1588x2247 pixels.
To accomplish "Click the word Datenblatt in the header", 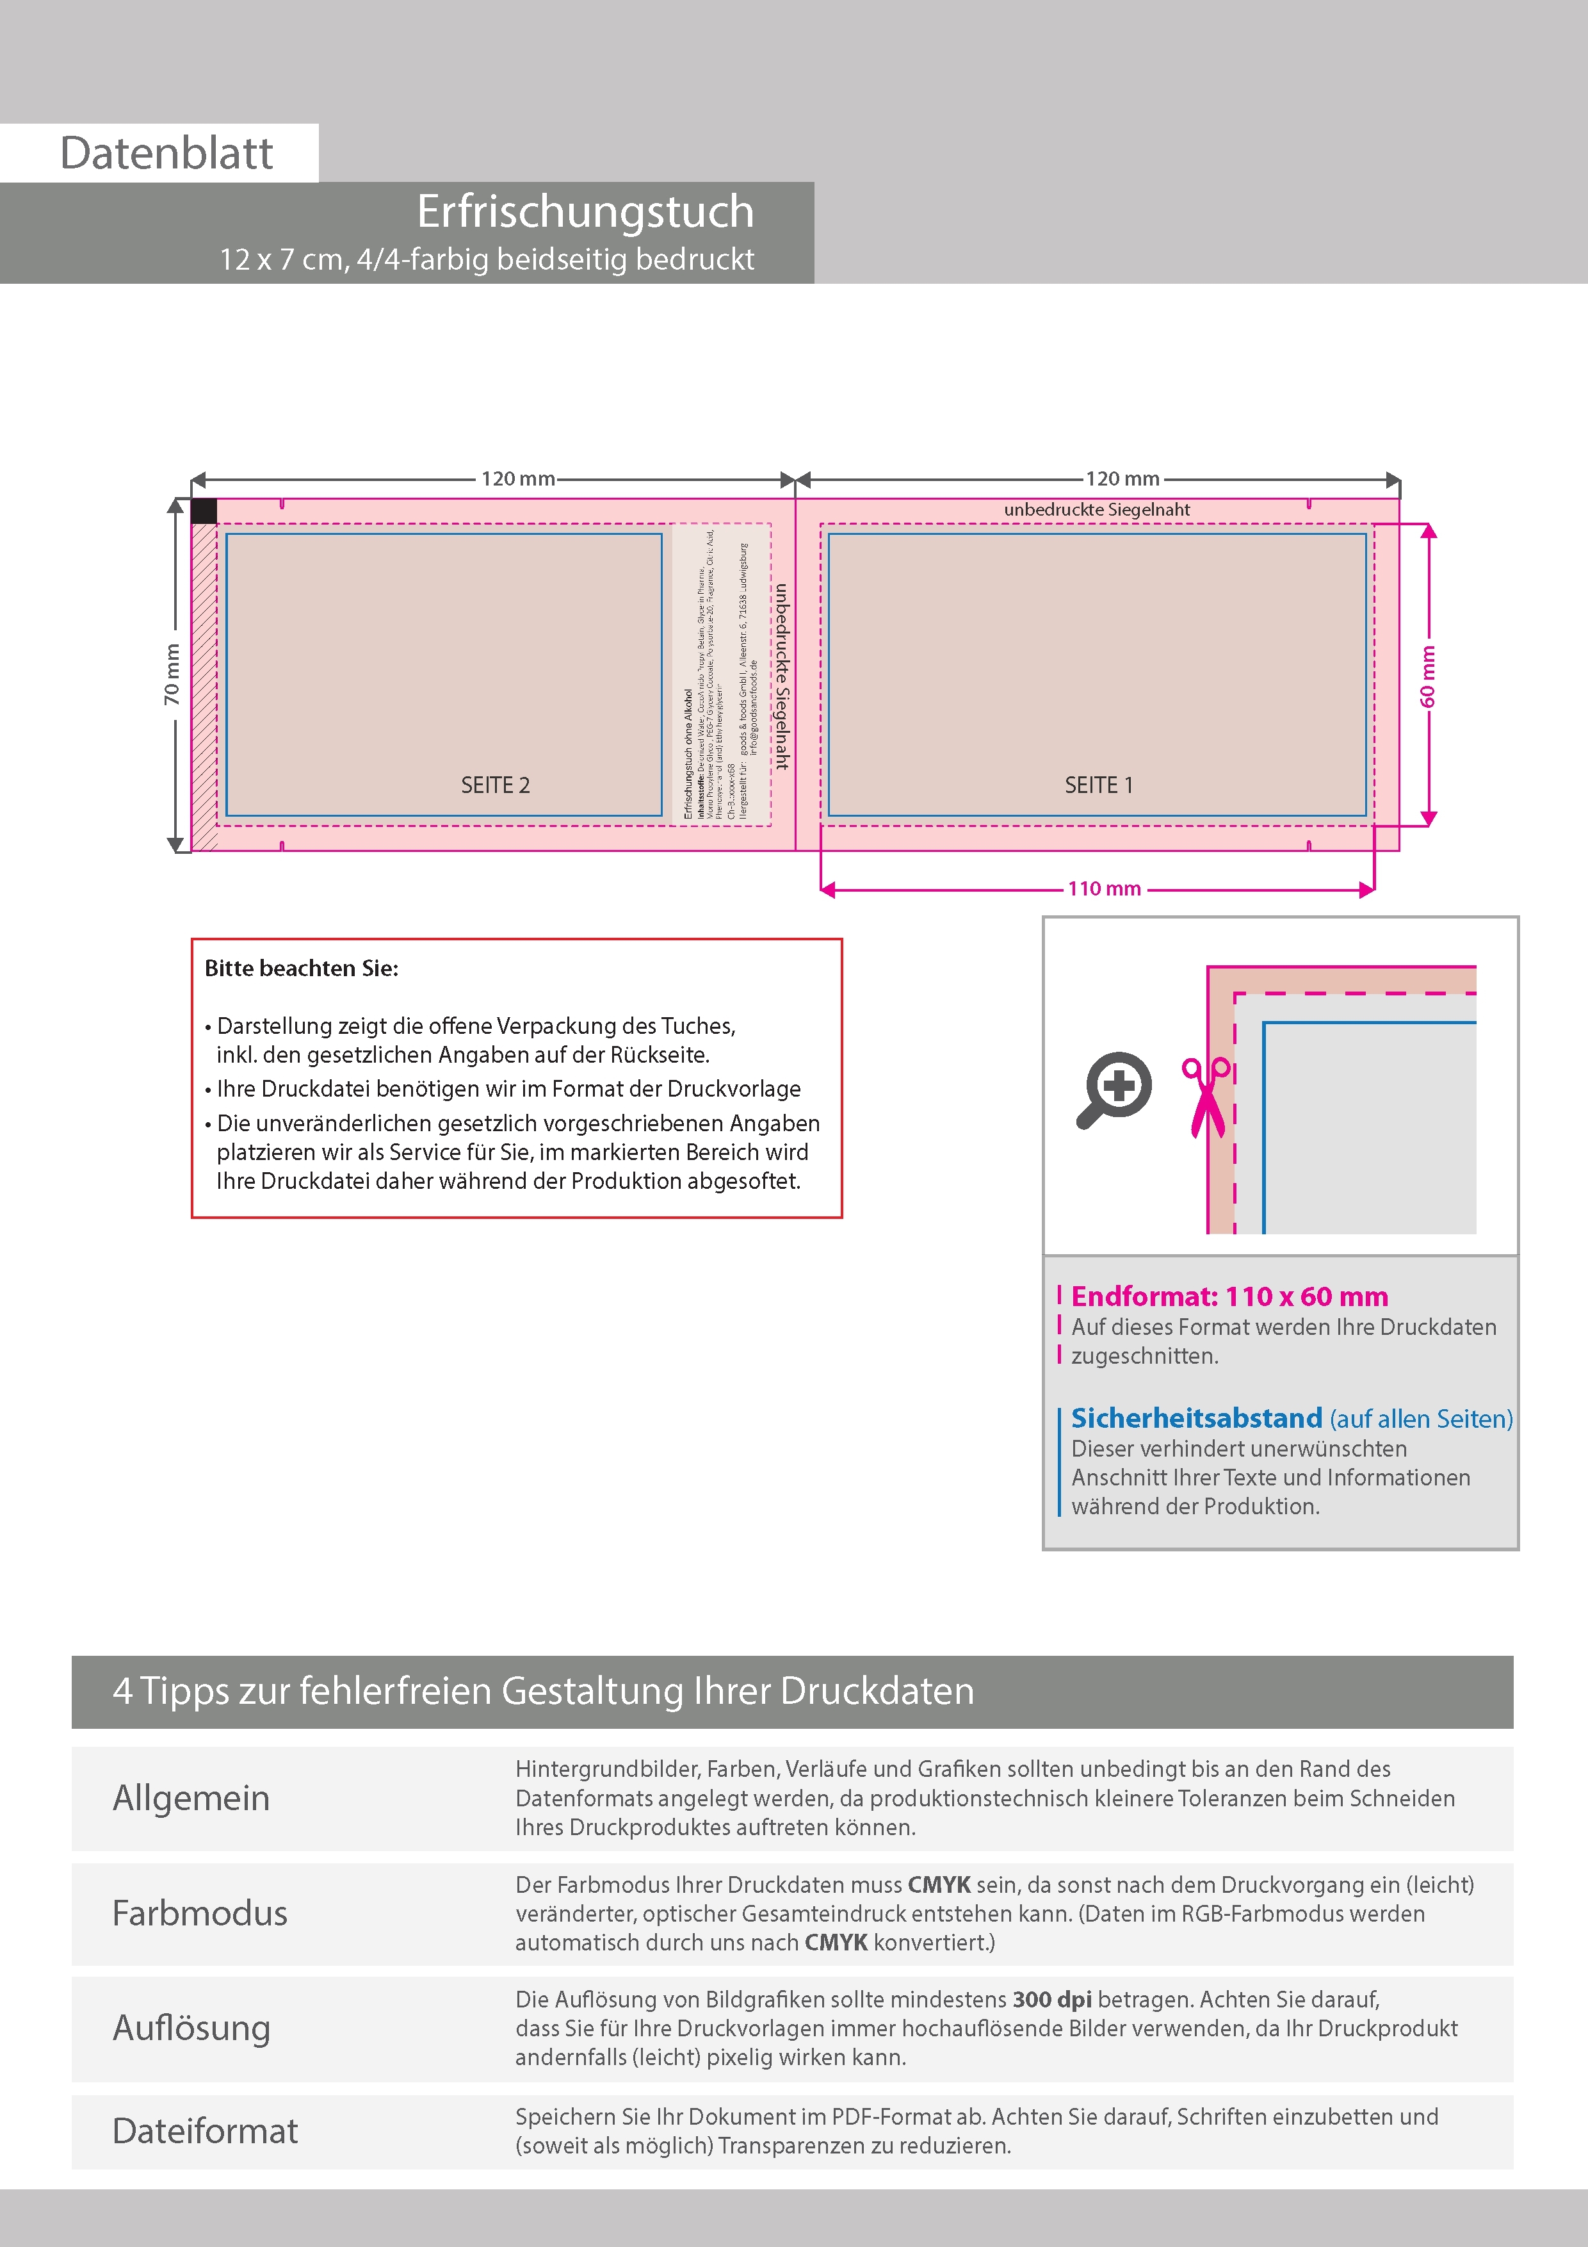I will click(x=166, y=154).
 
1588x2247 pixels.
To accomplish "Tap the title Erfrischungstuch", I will click(x=585, y=211).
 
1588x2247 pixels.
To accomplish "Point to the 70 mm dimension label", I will click(x=172, y=674).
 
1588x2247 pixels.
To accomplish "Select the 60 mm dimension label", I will click(x=1427, y=675).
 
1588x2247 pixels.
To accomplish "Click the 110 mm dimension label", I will click(x=1104, y=888).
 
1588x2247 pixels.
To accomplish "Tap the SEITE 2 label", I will click(x=495, y=785).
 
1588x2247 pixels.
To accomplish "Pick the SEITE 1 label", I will click(x=1098, y=785).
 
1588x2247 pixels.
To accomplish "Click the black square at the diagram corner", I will click(x=204, y=511).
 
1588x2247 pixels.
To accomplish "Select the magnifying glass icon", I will click(x=1114, y=1090).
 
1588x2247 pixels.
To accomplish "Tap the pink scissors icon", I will click(x=1208, y=1096).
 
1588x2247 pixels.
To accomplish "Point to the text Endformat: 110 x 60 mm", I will click(x=1229, y=1296).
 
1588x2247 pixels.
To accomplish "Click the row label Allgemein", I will click(x=191, y=1798).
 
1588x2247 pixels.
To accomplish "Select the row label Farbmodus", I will click(x=200, y=1913).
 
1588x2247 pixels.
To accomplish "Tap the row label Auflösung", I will click(x=191, y=2028).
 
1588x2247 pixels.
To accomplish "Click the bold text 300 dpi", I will click(x=1052, y=1999).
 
